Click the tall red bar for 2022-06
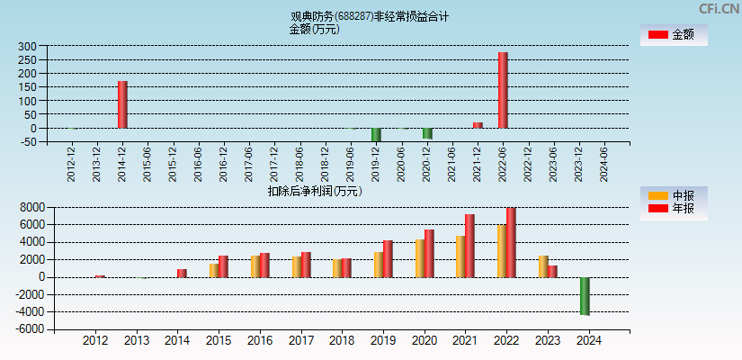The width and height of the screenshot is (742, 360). pyautogui.click(x=503, y=90)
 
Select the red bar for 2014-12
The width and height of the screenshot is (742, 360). pyautogui.click(x=122, y=104)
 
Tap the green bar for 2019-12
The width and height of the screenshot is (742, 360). pyautogui.click(x=376, y=135)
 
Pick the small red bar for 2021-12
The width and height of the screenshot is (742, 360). pyautogui.click(x=478, y=125)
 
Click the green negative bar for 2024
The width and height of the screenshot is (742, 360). pyautogui.click(x=585, y=295)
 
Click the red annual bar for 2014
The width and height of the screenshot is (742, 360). pyautogui.click(x=182, y=273)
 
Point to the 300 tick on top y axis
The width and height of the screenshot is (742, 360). pyautogui.click(x=26, y=46)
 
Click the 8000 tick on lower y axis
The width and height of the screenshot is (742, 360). pyautogui.click(x=31, y=207)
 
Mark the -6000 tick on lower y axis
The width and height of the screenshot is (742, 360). pyautogui.click(x=30, y=329)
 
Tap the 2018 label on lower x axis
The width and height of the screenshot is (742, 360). pyautogui.click(x=343, y=341)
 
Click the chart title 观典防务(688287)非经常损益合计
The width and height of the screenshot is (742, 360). pyautogui.click(x=370, y=16)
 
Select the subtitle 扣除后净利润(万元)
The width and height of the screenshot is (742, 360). pyautogui.click(x=314, y=191)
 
